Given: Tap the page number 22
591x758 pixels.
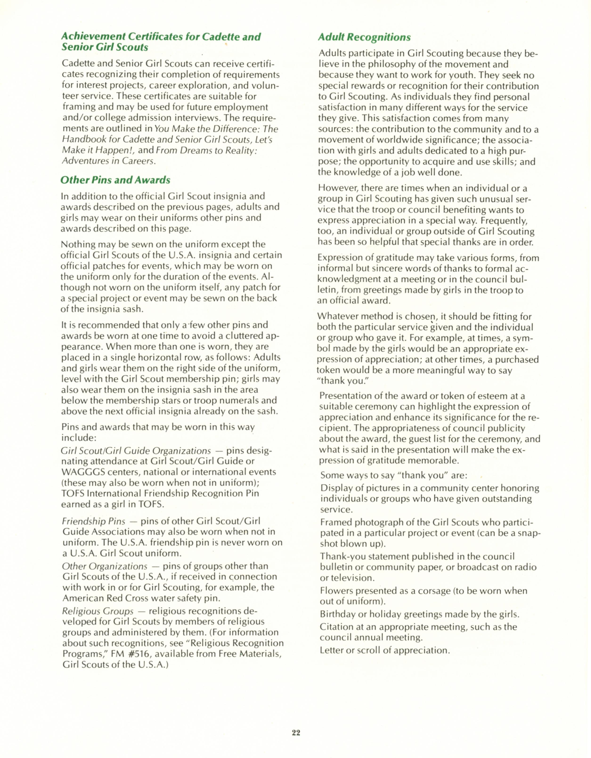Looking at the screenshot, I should pos(296,732).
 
